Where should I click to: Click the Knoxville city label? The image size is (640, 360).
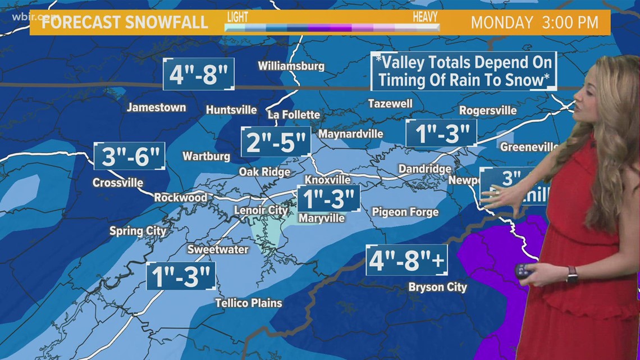[327, 180]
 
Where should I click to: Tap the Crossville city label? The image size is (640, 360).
[118, 183]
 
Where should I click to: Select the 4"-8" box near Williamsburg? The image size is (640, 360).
[199, 74]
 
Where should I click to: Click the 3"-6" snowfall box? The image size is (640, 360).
[130, 156]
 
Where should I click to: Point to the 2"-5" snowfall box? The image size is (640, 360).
[276, 142]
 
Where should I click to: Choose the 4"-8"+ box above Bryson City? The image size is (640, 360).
[406, 260]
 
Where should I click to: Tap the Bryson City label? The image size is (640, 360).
[437, 287]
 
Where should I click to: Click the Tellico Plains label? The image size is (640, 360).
[249, 303]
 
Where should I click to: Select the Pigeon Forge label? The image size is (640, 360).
[405, 212]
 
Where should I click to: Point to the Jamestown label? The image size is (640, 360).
[156, 107]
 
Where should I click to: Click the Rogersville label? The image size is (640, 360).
[487, 111]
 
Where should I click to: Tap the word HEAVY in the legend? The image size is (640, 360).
[425, 16]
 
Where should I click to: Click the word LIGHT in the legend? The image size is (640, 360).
[237, 16]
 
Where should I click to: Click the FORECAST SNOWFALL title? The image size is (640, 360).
[121, 23]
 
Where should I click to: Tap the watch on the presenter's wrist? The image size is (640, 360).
[572, 274]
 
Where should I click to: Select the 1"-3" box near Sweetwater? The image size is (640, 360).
[180, 276]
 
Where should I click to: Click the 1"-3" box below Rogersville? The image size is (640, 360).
[441, 134]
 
